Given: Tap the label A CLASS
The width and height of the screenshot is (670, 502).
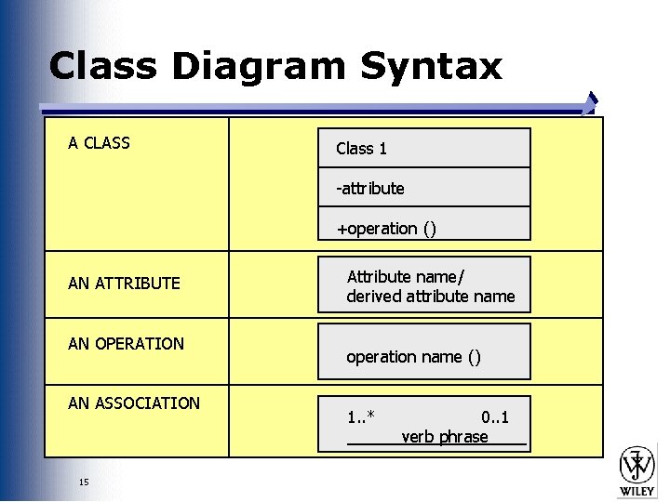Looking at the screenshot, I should pos(99,143).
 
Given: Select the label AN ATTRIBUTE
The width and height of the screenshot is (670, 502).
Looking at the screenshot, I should pos(124,284).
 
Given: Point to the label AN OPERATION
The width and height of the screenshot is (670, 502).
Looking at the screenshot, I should pos(126,344).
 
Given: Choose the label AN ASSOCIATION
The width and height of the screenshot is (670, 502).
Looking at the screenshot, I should pos(134,403).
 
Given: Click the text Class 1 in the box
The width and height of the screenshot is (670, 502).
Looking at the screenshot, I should pos(361,149).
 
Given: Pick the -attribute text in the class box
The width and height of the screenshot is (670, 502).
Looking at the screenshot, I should pos(370,189).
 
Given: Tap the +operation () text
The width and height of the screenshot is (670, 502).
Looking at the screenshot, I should pos(386,229).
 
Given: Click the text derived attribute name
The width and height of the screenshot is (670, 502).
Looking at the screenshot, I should pos(430,297).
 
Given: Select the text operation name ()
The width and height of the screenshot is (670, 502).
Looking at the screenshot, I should pos(413,357).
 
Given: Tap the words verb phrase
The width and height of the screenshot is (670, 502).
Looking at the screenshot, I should pos(445,437).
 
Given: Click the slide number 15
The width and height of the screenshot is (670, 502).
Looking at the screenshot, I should pos(84,482).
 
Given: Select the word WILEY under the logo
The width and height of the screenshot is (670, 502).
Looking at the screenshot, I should pos(637,490).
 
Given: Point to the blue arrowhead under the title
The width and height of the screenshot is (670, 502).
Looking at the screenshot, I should pos(590,101).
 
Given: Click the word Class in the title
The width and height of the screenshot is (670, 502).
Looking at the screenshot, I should pos(100,67).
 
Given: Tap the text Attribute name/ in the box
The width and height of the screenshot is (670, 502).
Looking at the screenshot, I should pos(406,277).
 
